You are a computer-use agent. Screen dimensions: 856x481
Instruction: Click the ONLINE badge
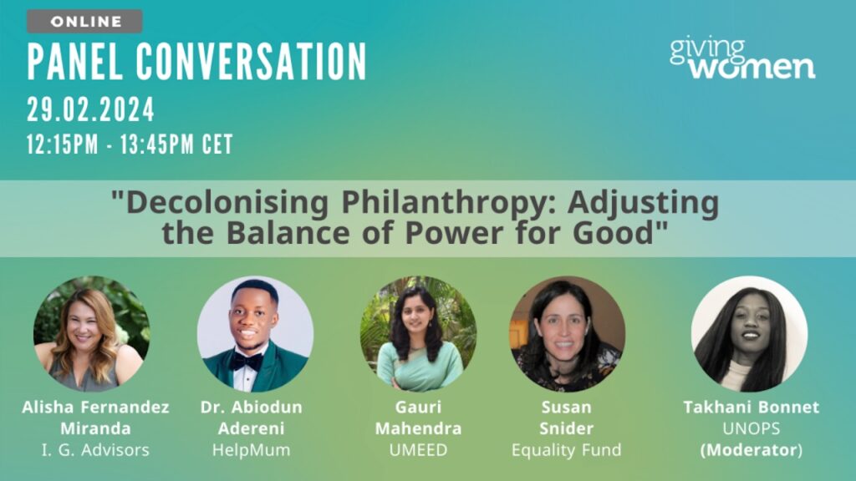point(84,21)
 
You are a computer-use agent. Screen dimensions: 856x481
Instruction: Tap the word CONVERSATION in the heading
point(251,62)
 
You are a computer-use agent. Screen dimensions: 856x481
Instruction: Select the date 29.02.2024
point(90,109)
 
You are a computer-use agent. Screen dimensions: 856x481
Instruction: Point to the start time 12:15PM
point(63,144)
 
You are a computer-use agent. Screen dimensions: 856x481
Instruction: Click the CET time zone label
point(217,144)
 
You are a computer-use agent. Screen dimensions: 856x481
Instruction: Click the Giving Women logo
point(742,59)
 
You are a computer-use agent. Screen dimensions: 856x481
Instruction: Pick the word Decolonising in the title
point(227,202)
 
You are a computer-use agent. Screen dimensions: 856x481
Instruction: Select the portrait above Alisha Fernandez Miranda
point(92,334)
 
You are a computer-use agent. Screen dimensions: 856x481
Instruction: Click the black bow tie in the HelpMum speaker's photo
point(247,362)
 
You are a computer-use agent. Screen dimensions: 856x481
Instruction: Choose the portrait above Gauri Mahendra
point(418,334)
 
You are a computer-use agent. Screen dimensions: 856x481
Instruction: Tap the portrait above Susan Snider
point(568,334)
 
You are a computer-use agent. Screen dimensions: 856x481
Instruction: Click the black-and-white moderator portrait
point(750,334)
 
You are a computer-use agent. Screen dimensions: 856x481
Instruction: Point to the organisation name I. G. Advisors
point(95,450)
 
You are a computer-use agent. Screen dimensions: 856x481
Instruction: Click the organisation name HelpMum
point(251,450)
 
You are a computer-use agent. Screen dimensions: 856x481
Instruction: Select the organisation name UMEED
point(418,450)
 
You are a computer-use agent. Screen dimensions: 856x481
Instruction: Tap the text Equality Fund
point(567,450)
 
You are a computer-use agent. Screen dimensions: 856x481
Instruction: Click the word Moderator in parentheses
point(752,450)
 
